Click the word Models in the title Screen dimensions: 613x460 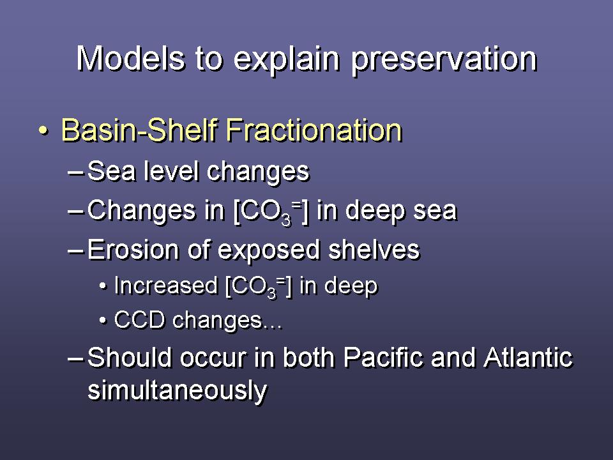pos(130,59)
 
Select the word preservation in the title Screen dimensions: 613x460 pos(444,61)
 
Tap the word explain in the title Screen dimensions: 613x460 pos(287,61)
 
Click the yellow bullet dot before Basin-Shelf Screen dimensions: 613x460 pos(44,130)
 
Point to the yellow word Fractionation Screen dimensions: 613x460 pos(314,130)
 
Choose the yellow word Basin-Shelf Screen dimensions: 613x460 pos(139,130)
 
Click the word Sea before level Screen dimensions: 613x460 pos(112,171)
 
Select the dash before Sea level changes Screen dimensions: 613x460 pos(75,172)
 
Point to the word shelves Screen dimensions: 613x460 pos(374,250)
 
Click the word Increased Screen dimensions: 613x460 pos(166,286)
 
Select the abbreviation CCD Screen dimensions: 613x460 pos(139,320)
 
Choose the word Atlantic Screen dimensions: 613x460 pos(528,357)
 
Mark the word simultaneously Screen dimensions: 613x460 pos(178,391)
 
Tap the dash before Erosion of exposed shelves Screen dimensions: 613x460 pos(75,250)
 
